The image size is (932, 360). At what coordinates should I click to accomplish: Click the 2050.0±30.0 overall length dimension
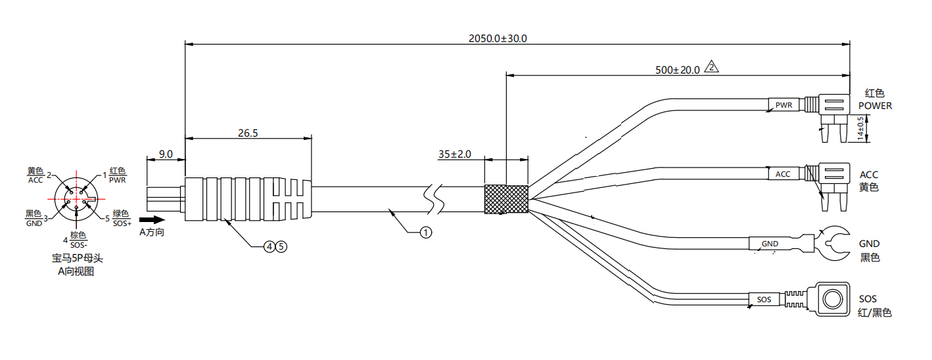coord(498,39)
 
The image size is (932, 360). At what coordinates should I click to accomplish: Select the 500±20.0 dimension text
coord(678,70)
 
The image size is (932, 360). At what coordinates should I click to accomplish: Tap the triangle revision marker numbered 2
coord(711,67)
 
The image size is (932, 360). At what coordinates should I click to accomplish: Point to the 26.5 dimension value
coord(248,133)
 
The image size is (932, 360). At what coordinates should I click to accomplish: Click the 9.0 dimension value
coord(166,154)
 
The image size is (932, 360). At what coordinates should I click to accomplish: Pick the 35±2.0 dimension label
coord(454,154)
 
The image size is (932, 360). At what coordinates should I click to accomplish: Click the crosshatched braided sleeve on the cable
coord(506,199)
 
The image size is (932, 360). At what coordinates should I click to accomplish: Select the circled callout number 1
coord(426,233)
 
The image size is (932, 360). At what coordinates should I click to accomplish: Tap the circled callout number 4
coord(269,247)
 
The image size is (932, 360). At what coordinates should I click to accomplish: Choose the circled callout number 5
coord(281,247)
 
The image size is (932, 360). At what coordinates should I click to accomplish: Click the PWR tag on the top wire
coord(783,105)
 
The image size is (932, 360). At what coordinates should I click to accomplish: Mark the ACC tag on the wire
coord(783,174)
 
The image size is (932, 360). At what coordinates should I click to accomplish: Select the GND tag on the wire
coord(770,244)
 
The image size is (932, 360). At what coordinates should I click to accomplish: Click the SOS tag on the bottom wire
coord(764,300)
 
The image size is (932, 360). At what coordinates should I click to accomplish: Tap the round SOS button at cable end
coord(833,300)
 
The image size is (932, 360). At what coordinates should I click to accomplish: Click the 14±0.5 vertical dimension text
coord(860,129)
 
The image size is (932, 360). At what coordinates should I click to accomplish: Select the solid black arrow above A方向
coord(152,220)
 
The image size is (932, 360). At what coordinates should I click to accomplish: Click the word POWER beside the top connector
coord(875,106)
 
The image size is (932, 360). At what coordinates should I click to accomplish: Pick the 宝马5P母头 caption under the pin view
coord(78,258)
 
